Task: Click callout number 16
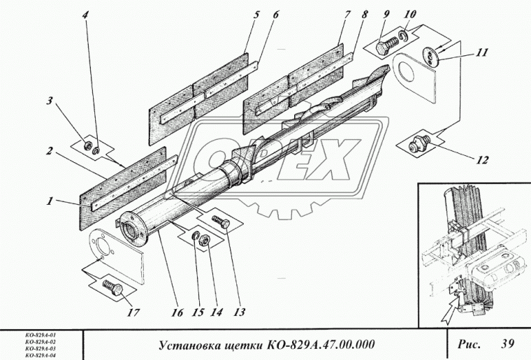pyautogui.click(x=177, y=312)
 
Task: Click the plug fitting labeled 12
pyautogui.click(x=416, y=145)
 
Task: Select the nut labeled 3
pyautogui.click(x=89, y=145)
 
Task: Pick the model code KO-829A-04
pyautogui.click(x=39, y=356)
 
